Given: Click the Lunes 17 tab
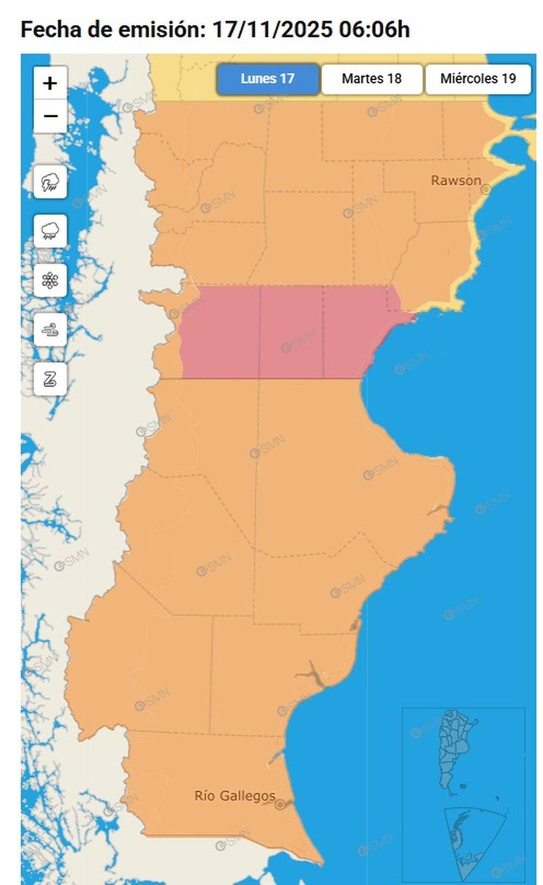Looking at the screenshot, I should click(267, 79).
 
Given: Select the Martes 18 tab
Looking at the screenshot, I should click(371, 79).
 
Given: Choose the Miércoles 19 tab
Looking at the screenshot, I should click(478, 79).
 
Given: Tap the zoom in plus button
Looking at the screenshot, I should click(50, 84).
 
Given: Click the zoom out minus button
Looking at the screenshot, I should click(50, 116).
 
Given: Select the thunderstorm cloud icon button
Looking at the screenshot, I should click(50, 181).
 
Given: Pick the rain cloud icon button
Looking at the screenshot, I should click(50, 231).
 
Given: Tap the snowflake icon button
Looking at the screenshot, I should click(50, 280).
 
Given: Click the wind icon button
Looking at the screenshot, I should click(50, 329).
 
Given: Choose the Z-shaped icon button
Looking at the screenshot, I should click(50, 379).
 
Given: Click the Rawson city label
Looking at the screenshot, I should click(456, 180).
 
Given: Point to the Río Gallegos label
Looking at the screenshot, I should click(235, 796).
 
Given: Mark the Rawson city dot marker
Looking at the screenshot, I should click(486, 189).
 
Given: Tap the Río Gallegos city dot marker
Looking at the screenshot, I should click(280, 805).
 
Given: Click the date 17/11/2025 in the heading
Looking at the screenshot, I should click(271, 29).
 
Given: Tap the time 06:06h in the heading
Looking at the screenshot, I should click(374, 29).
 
